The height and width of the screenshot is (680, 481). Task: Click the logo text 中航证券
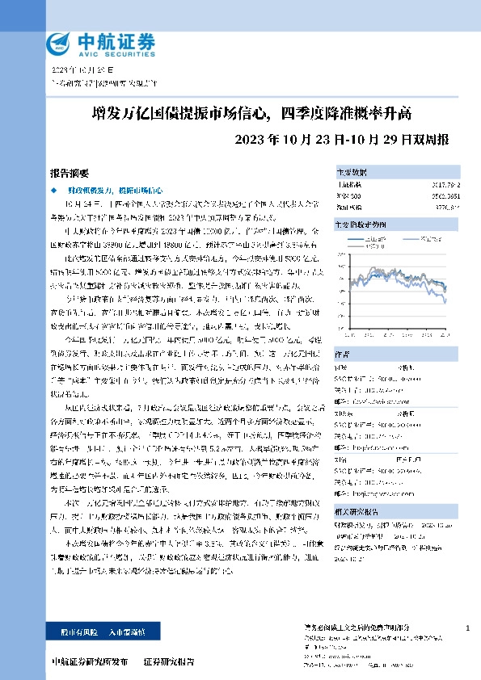tap(103, 40)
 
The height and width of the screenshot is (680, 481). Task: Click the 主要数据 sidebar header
tap(351, 172)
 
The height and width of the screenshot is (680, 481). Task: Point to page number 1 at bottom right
tap(469, 628)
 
